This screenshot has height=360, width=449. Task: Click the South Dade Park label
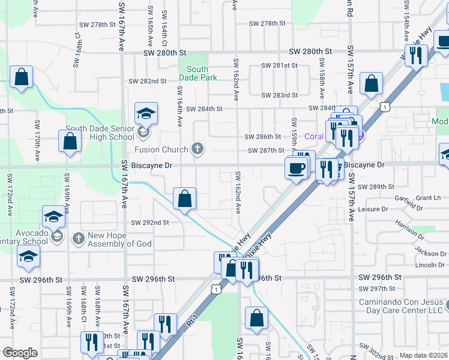click(x=197, y=74)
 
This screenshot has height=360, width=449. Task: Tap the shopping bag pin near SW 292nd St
click(x=185, y=198)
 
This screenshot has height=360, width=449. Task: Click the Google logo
click(x=20, y=353)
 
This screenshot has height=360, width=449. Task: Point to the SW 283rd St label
click(x=279, y=95)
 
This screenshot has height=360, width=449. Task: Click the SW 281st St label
click(x=279, y=65)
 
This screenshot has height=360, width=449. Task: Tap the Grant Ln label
click(x=428, y=197)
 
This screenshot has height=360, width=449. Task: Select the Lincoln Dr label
click(x=430, y=265)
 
